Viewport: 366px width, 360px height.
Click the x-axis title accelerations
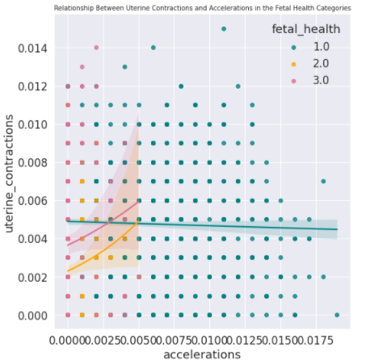click(201, 354)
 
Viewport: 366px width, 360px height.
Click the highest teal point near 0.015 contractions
click(224, 29)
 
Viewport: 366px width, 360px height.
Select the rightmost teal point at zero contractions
click(337, 315)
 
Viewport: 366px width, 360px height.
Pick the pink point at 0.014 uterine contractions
click(96, 48)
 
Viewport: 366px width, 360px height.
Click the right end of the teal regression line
click(337, 229)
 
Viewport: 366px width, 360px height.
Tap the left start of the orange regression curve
click(68, 271)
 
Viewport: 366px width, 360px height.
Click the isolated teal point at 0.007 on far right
click(323, 182)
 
